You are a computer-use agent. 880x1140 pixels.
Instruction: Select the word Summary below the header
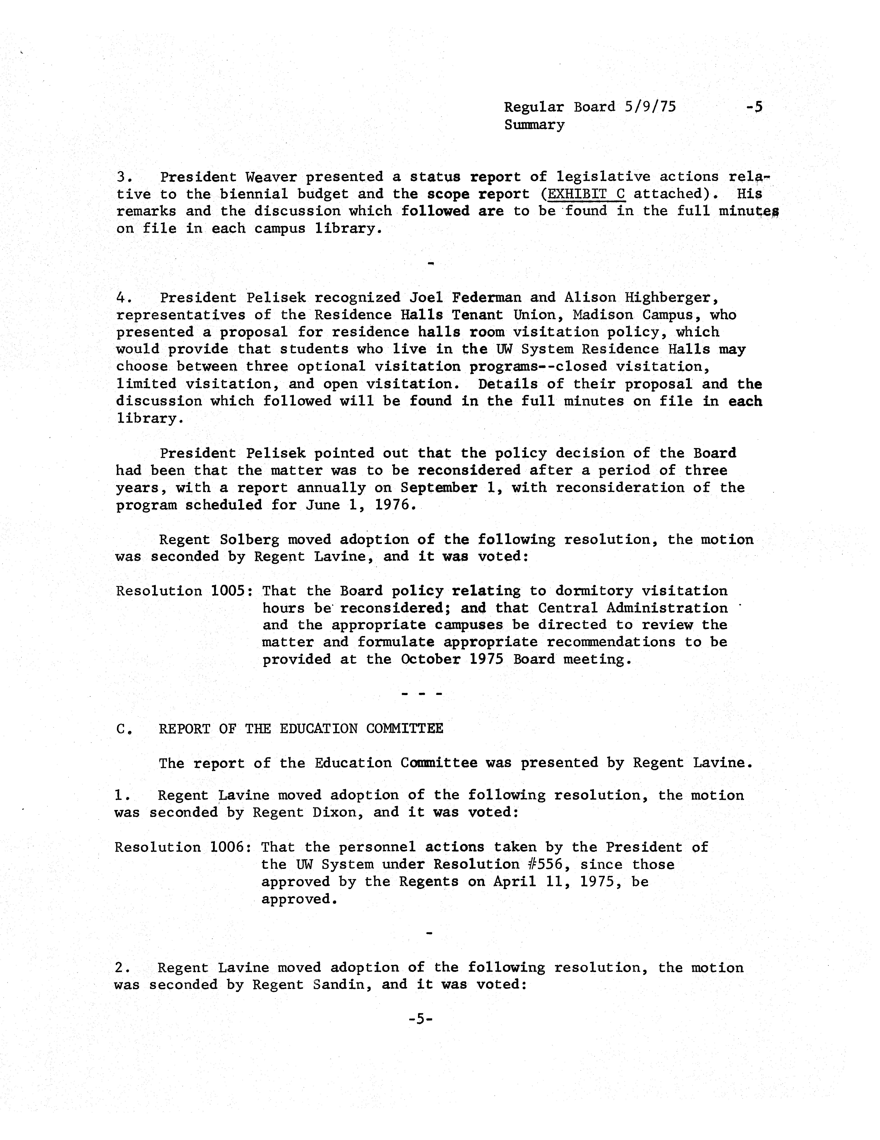[x=534, y=125]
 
